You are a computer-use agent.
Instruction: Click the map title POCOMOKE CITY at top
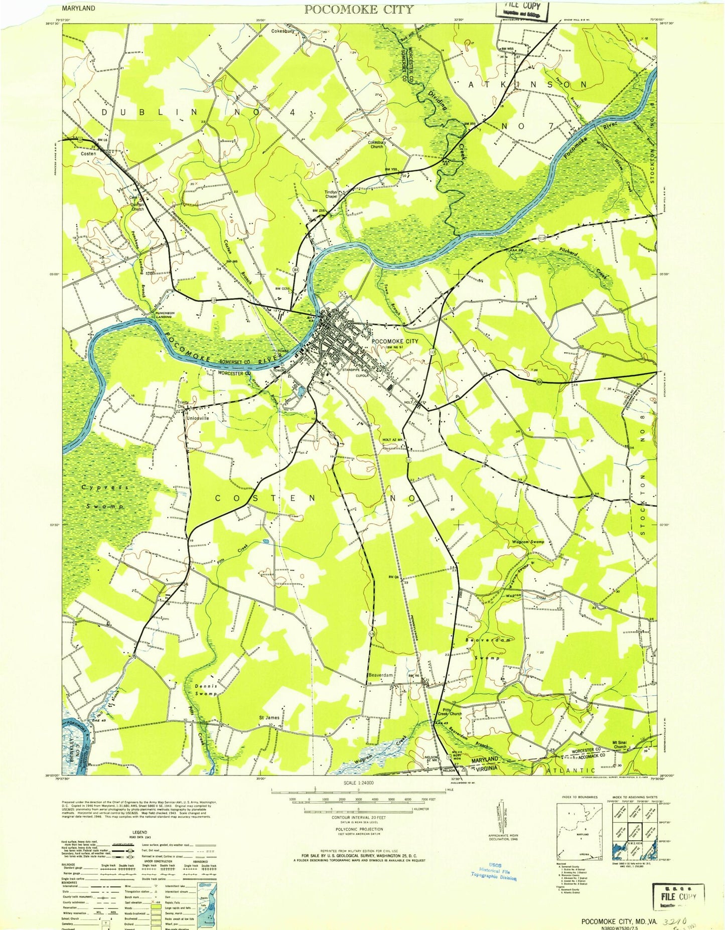(359, 9)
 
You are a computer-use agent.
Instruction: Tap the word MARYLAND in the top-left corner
(79, 9)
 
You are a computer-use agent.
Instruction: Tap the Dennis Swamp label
(206, 689)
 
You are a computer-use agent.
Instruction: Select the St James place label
(269, 717)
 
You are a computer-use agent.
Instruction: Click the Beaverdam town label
(381, 675)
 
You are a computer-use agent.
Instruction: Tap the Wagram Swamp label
(527, 542)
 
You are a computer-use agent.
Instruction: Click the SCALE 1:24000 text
(358, 783)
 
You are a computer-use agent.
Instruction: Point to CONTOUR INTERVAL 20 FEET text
(358, 817)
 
